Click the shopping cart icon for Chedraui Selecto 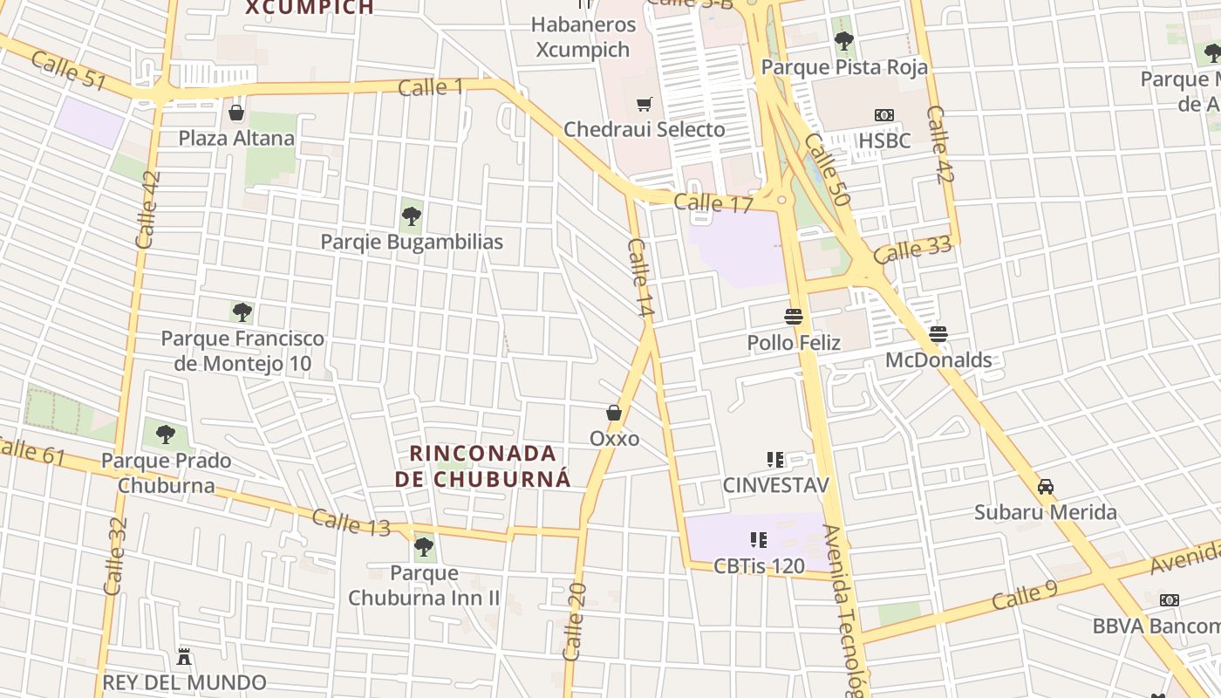(x=645, y=105)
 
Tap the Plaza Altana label (x=236, y=138)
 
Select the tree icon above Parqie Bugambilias (x=412, y=216)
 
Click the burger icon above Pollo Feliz (x=794, y=316)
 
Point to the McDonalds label (x=938, y=359)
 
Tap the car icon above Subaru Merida (x=1046, y=486)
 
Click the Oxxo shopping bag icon (x=614, y=413)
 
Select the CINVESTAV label (x=775, y=485)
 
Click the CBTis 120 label (x=759, y=565)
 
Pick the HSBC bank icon (x=884, y=115)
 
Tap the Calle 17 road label (x=713, y=203)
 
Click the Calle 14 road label (x=639, y=277)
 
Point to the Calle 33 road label (x=912, y=250)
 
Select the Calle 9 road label (x=1024, y=597)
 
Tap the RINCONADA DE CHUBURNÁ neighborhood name (x=482, y=466)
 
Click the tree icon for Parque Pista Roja (x=843, y=40)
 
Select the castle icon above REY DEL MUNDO (x=184, y=655)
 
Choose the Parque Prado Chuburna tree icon (x=166, y=434)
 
